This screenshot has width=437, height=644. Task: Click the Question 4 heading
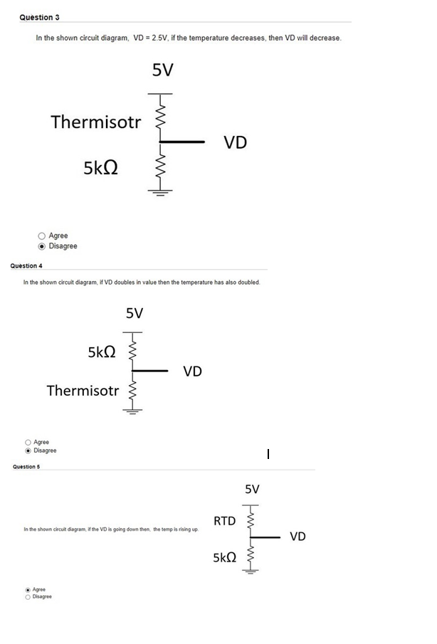click(26, 265)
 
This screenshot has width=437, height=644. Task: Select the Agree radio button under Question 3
click(42, 236)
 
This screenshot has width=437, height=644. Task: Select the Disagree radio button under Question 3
click(42, 246)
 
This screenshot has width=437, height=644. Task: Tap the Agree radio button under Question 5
click(28, 589)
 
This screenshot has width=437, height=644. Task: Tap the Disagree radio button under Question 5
click(28, 596)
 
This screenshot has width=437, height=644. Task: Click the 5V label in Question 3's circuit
click(163, 70)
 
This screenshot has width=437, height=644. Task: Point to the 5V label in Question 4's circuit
click(135, 313)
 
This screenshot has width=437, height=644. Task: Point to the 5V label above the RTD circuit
click(253, 489)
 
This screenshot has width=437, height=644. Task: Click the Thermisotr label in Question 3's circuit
click(96, 122)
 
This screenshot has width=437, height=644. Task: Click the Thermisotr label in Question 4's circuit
click(83, 390)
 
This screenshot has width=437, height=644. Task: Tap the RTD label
click(224, 521)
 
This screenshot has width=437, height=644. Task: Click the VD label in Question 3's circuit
click(235, 143)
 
